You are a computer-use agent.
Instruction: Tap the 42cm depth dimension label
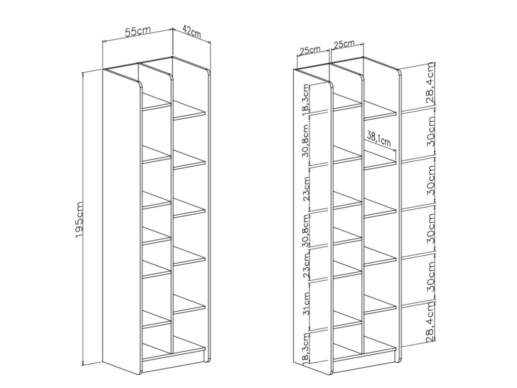(x=191, y=32)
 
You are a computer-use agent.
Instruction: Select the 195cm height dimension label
(x=79, y=219)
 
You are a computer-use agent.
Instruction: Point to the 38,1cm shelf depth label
(x=379, y=138)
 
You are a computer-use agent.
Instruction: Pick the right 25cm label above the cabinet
(x=344, y=44)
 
